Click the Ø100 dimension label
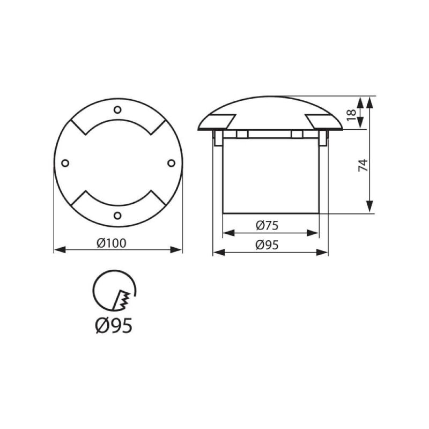pyautogui.click(x=112, y=243)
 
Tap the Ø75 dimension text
pyautogui.click(x=267, y=225)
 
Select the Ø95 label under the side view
pyautogui.click(x=267, y=245)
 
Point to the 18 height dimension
pyautogui.click(x=351, y=115)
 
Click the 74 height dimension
pyautogui.click(x=363, y=165)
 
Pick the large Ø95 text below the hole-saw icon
pyautogui.click(x=114, y=326)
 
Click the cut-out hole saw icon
pyautogui.click(x=114, y=291)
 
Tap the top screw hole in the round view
pyautogui.click(x=117, y=110)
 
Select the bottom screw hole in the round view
pyautogui.click(x=117, y=216)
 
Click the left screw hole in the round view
pyautogui.click(x=65, y=163)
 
